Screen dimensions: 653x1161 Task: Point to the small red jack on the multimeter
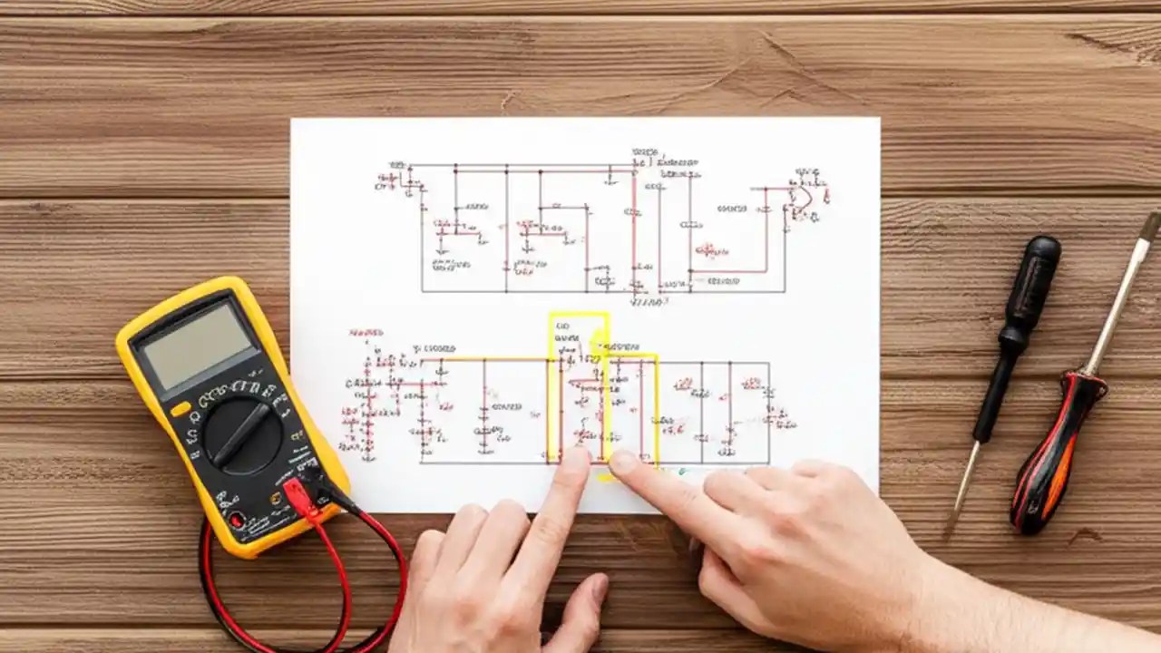238,520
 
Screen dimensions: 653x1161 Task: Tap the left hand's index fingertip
576,458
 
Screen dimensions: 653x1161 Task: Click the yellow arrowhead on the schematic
599,344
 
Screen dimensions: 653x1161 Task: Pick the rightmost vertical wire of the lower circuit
769,413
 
